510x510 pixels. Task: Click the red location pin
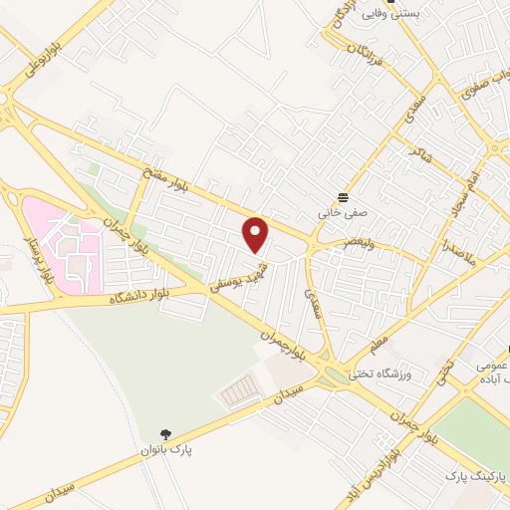click(257, 234)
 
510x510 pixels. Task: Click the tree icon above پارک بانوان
click(166, 433)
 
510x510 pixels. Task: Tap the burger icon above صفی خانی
click(344, 196)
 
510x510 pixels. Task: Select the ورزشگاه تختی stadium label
click(401, 375)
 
